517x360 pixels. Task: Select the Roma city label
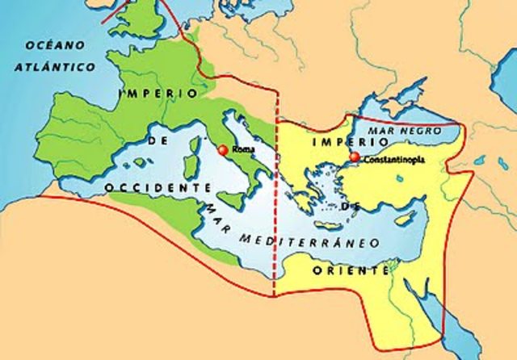[242, 150]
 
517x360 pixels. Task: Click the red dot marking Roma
[223, 149]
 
